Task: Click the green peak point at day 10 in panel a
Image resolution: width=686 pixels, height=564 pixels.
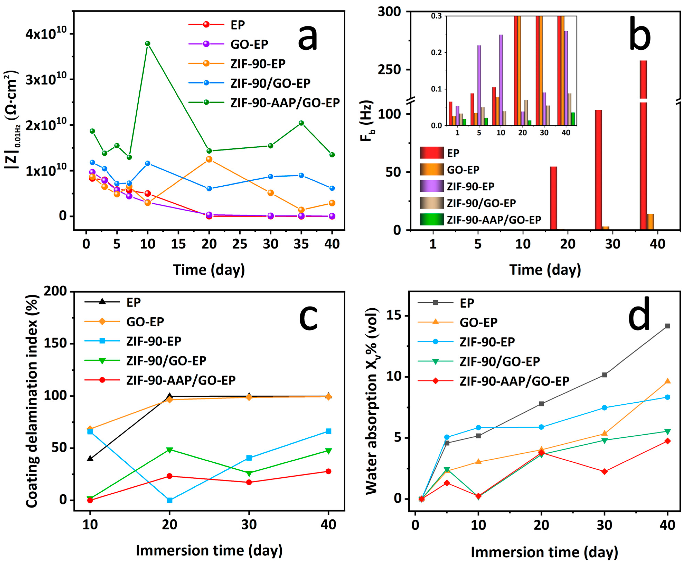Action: (x=148, y=44)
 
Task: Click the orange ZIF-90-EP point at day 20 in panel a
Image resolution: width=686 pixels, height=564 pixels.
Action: (x=209, y=159)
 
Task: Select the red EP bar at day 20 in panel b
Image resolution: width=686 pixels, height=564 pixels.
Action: (x=553, y=198)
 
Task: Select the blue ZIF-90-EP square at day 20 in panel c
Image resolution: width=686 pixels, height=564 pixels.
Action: (x=169, y=500)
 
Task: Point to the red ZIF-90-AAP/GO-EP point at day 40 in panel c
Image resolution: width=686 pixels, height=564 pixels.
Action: (x=328, y=471)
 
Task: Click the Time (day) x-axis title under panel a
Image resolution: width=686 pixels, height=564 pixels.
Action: (x=209, y=270)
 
